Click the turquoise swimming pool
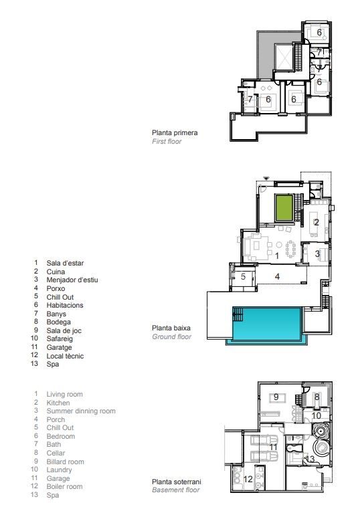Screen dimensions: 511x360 266,323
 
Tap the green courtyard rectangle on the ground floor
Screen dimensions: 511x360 284,207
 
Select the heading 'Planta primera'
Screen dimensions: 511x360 174,132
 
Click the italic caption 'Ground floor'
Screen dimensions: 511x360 171,337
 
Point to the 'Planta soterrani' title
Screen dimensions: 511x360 177,482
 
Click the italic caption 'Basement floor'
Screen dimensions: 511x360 175,490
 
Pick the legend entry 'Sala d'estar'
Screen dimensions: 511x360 64,264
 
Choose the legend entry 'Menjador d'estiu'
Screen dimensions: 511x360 72,280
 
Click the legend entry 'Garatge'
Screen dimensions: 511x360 60,348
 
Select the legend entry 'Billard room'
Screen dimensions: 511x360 65,462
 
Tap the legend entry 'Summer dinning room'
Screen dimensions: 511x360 80,411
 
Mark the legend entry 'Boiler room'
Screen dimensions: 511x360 64,486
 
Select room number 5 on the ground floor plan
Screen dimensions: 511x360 244,277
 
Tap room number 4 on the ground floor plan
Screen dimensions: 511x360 276,276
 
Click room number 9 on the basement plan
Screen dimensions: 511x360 276,397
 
